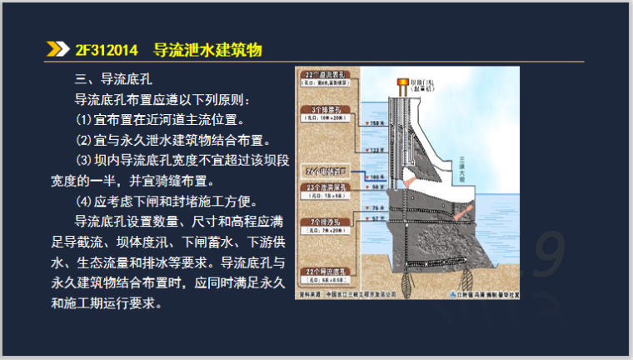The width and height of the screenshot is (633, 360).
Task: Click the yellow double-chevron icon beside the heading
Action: pos(57,50)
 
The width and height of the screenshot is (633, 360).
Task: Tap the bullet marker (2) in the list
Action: pos(82,140)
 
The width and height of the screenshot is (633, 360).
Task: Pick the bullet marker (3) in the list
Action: pos(82,160)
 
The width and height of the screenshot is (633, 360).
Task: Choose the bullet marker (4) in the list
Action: pos(82,201)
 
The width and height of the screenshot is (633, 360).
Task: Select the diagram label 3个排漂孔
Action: pos(327,109)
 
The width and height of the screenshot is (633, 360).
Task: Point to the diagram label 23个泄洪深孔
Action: pos(327,187)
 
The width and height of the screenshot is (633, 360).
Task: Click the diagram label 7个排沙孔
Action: pos(327,222)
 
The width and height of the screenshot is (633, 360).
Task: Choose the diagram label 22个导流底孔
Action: pos(327,271)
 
